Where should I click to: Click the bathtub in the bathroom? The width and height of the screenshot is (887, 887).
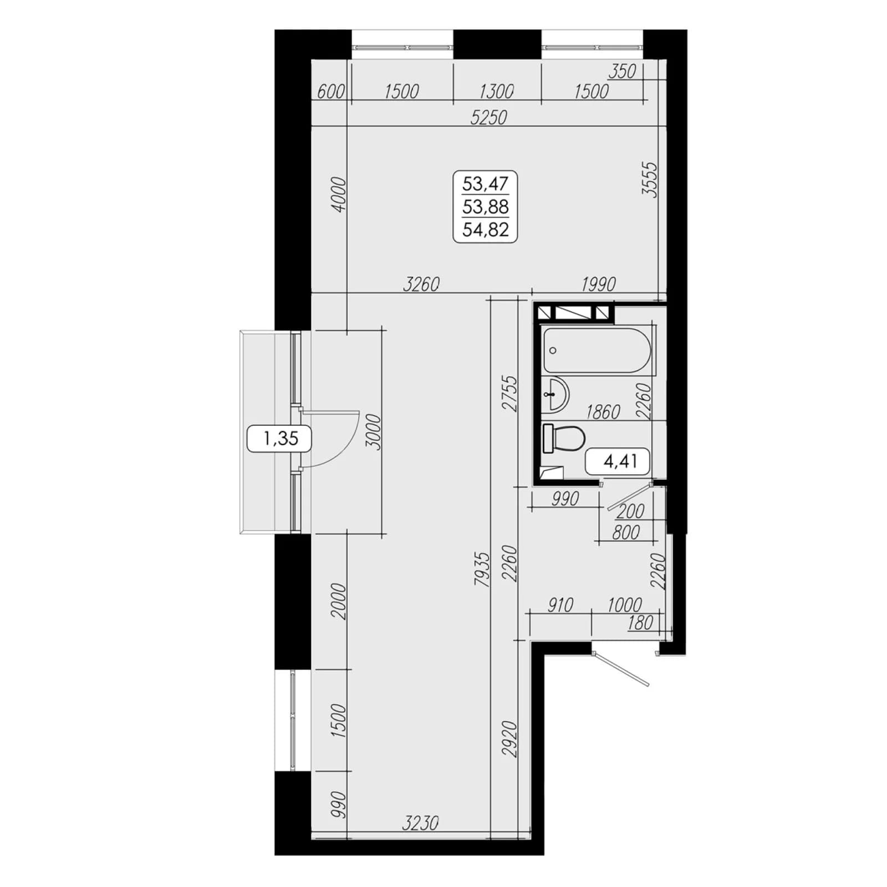tap(598, 350)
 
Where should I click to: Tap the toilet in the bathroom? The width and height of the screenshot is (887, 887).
tap(563, 438)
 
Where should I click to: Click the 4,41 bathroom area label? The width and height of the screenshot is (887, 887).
tap(620, 461)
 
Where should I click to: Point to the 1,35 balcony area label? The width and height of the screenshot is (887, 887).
tap(281, 439)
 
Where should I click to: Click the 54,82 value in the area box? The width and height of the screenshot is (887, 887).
tap(486, 230)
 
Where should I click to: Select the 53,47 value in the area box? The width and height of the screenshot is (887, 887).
tap(486, 183)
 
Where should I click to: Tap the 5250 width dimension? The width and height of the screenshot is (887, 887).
tap(488, 118)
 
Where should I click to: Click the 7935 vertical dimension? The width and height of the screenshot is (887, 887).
tap(482, 569)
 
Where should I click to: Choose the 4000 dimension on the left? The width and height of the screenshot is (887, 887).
tap(339, 194)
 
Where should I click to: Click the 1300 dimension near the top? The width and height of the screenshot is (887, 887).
tap(496, 91)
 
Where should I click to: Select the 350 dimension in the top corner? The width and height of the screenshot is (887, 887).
tap(622, 72)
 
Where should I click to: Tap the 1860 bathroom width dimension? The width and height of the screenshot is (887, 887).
tap(603, 412)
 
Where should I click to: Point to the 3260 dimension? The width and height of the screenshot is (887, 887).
tap(421, 284)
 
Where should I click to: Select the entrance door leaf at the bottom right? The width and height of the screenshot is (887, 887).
tap(620, 670)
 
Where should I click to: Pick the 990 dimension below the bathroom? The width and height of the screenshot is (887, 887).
tap(565, 499)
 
